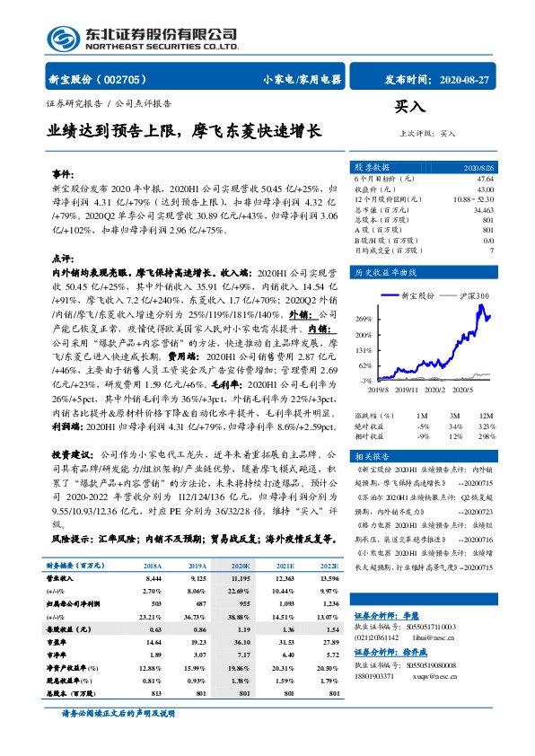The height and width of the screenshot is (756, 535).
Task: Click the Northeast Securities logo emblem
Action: (60, 39)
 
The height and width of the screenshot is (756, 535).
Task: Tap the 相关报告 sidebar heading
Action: (372, 456)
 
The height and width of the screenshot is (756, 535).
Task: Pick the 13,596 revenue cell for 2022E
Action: (329, 580)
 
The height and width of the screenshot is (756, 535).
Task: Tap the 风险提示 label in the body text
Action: (73, 539)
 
